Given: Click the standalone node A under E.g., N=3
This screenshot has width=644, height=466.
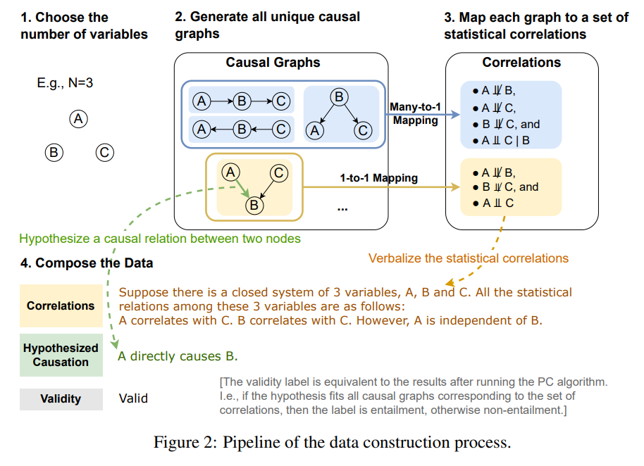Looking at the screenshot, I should [x=78, y=119].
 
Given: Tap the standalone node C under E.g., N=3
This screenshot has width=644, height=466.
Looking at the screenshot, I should [x=104, y=151].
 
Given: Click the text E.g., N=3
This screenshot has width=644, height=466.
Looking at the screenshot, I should [x=65, y=83].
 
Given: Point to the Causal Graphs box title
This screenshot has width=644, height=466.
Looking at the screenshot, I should [x=273, y=63].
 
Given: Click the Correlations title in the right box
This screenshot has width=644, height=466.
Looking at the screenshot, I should [x=521, y=63].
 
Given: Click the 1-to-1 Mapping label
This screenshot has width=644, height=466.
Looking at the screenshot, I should [x=378, y=178].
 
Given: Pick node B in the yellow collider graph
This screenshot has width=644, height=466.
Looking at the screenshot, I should [x=254, y=205].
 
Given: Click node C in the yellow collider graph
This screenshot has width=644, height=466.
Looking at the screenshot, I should [x=279, y=172].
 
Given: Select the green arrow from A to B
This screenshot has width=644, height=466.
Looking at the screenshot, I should [x=242, y=188].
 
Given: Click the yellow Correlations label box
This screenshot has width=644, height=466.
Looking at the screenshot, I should [x=61, y=306].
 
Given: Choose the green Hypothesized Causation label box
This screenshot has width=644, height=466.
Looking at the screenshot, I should [x=61, y=355].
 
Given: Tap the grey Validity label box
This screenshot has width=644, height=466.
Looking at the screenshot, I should [x=61, y=398].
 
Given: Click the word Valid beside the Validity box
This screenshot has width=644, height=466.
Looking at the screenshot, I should [x=133, y=398].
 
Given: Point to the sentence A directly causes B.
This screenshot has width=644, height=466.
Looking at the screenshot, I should [x=178, y=355].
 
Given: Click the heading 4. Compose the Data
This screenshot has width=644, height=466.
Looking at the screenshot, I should [x=87, y=263].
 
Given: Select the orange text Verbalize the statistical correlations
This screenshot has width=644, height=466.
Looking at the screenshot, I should [x=468, y=258].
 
